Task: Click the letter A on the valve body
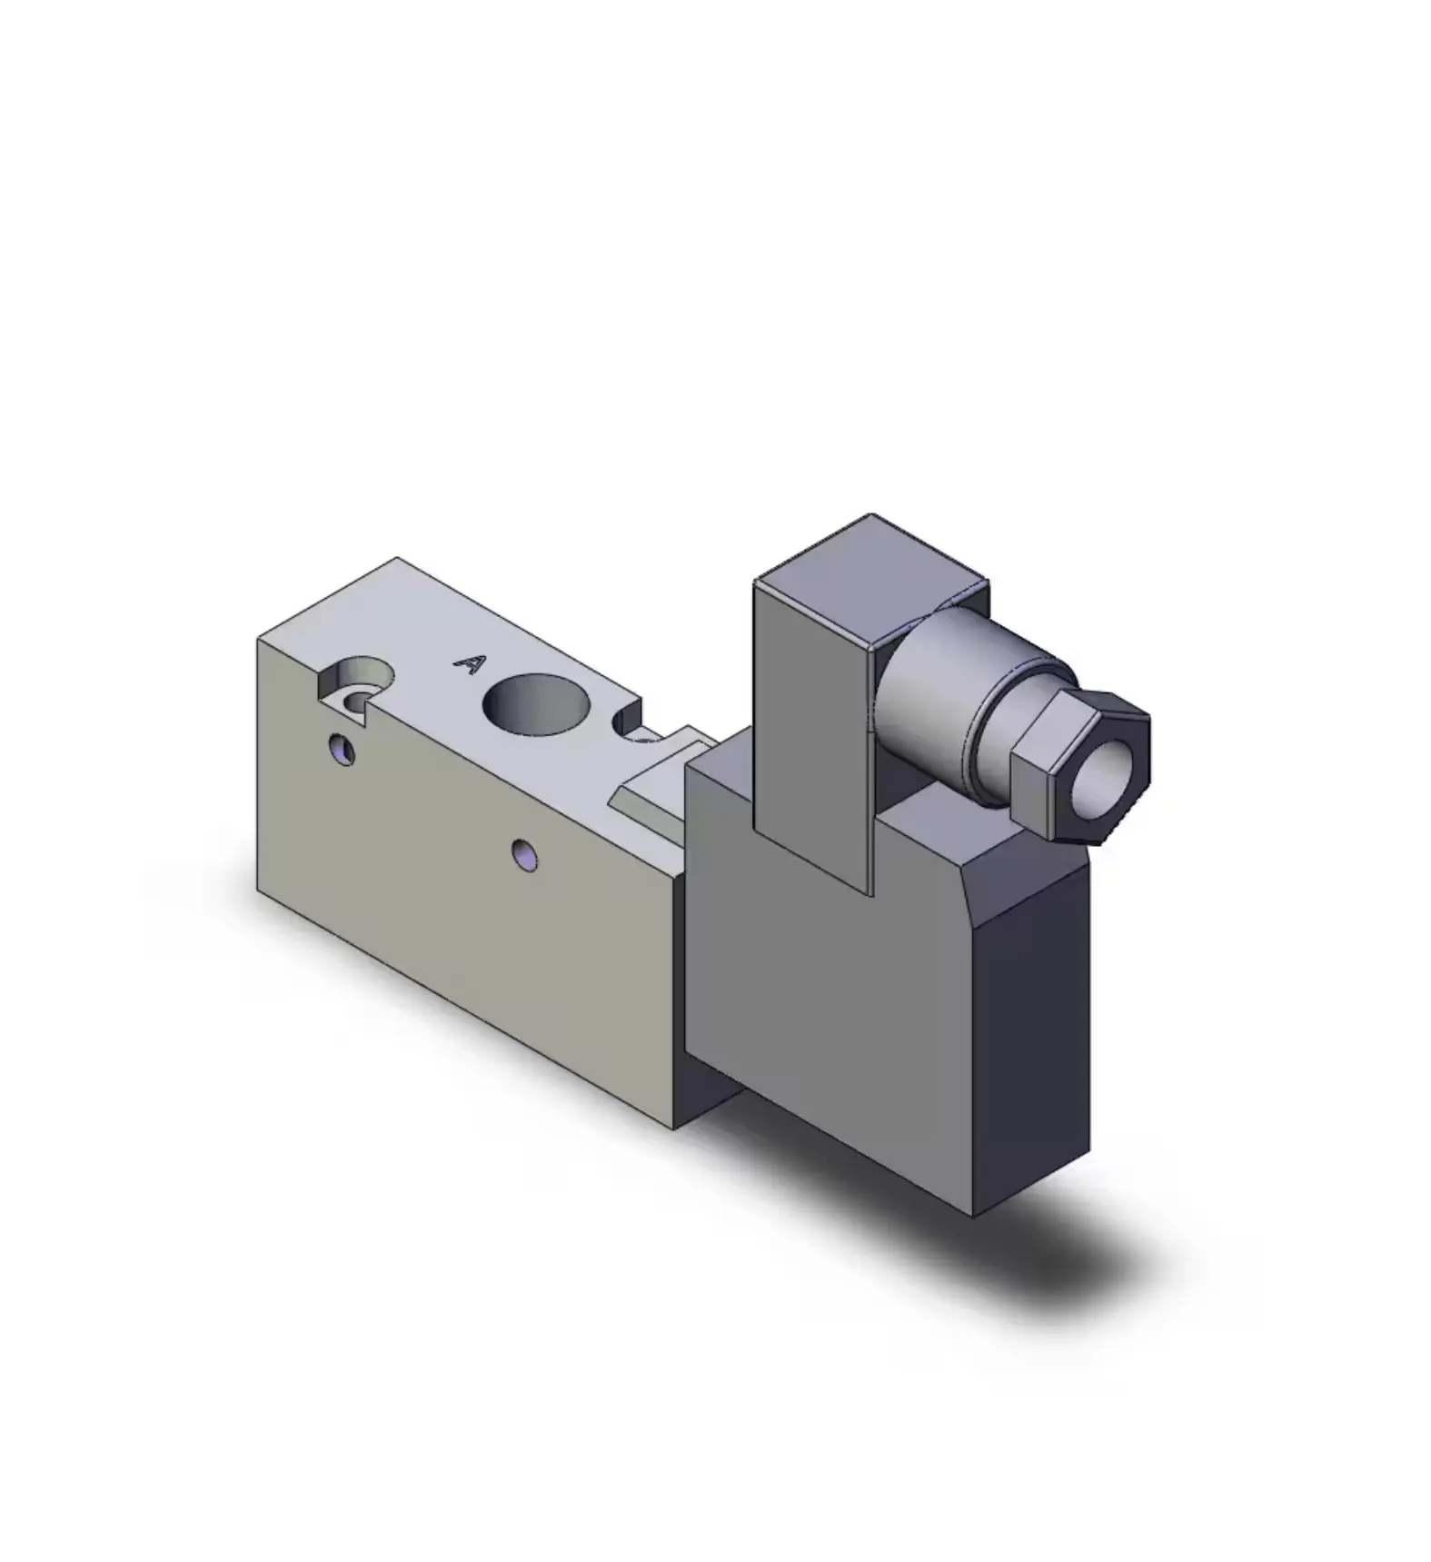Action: pos(470,664)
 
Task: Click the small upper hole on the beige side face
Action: pos(342,749)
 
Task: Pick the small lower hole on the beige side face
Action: pos(523,854)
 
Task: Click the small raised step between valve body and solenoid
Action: pos(659,780)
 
